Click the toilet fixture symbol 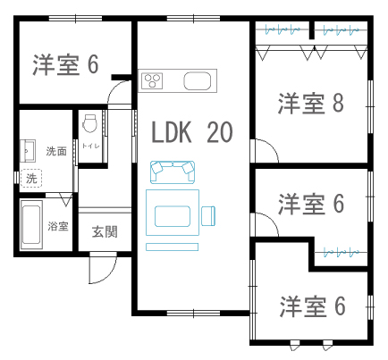point(89,123)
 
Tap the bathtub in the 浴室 point(31,225)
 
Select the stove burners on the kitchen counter point(152,80)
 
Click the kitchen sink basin point(198,80)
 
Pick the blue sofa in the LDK point(173,172)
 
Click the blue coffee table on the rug point(173,216)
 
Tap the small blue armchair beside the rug point(208,216)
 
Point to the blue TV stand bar point(172,247)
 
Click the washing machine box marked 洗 point(31,179)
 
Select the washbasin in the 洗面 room point(28,151)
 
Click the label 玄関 point(105,231)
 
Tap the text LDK point(172,132)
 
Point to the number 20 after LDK point(220,132)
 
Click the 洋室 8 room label point(311,104)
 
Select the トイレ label point(91,146)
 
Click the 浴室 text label point(58,226)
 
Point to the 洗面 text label point(56,151)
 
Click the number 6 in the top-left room point(93,64)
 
